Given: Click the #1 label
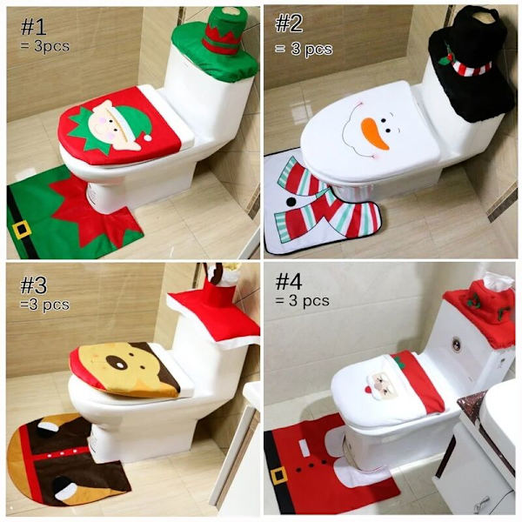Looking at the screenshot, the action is point(33,27).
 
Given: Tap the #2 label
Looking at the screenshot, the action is point(289,23).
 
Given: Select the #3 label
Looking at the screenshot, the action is point(34,285).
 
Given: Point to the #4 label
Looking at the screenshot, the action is point(289,282).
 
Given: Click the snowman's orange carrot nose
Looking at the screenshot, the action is point(376,133).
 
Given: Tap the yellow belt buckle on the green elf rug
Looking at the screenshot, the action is point(22,230).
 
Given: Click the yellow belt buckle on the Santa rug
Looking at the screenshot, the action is point(278,477).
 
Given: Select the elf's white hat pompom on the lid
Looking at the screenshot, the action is point(148,137).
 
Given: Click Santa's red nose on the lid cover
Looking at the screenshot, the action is point(368,390).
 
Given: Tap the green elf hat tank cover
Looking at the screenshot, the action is point(217,45).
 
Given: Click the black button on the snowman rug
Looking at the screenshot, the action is point(291,202).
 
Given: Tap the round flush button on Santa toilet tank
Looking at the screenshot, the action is point(457,345).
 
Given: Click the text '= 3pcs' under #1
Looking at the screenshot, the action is point(44,46).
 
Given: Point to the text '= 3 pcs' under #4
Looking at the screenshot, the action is point(302,301).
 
